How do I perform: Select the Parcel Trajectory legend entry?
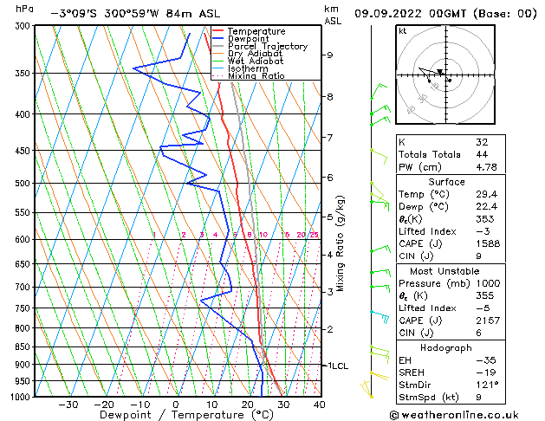click(x=267, y=47)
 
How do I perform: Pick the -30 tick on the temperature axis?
click(x=68, y=405)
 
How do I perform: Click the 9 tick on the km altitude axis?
click(x=330, y=55)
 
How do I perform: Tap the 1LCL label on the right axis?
click(x=336, y=366)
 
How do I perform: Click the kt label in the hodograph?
click(x=402, y=31)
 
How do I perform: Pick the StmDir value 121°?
click(x=487, y=385)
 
